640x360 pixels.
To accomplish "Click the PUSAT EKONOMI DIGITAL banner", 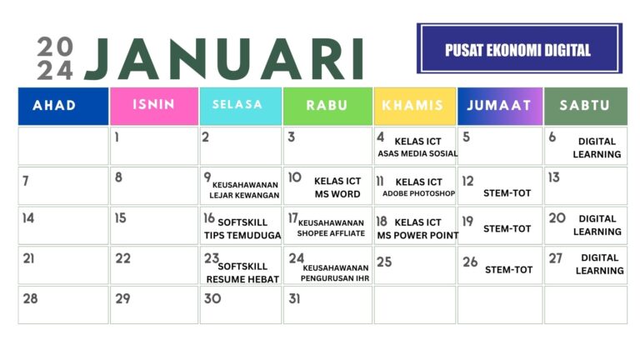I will tap(518, 49).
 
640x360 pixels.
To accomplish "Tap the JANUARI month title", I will tap(224, 60).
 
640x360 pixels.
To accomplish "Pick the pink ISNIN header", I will tap(153, 105).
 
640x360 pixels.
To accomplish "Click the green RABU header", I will tap(327, 106).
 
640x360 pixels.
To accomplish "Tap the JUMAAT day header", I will tap(499, 106).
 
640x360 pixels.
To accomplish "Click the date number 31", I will tap(294, 298).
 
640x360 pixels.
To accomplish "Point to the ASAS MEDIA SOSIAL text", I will tap(417, 153).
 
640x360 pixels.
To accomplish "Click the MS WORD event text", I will tap(337, 194).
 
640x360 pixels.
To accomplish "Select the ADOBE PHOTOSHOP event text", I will tap(419, 194).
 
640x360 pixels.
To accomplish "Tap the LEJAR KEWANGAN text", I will tap(244, 196).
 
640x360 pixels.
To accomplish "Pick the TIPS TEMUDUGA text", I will tap(242, 235).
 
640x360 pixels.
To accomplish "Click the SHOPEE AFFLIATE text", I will tap(331, 233).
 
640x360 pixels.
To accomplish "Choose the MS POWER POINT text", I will tap(417, 235).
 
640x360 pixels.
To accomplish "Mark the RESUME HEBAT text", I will tap(242, 279).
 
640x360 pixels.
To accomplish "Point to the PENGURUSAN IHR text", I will tap(336, 278).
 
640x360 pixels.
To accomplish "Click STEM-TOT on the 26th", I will tap(508, 269).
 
